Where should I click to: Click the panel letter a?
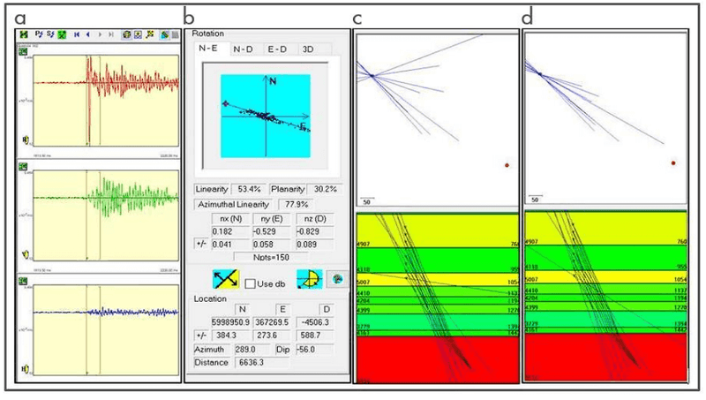click(x=20, y=16)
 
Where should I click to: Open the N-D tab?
click(x=244, y=49)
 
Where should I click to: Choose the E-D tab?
click(x=279, y=49)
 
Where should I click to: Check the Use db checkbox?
click(x=250, y=283)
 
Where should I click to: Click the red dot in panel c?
click(x=507, y=164)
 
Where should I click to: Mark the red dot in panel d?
click(x=673, y=162)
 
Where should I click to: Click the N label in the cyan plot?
click(x=273, y=81)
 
